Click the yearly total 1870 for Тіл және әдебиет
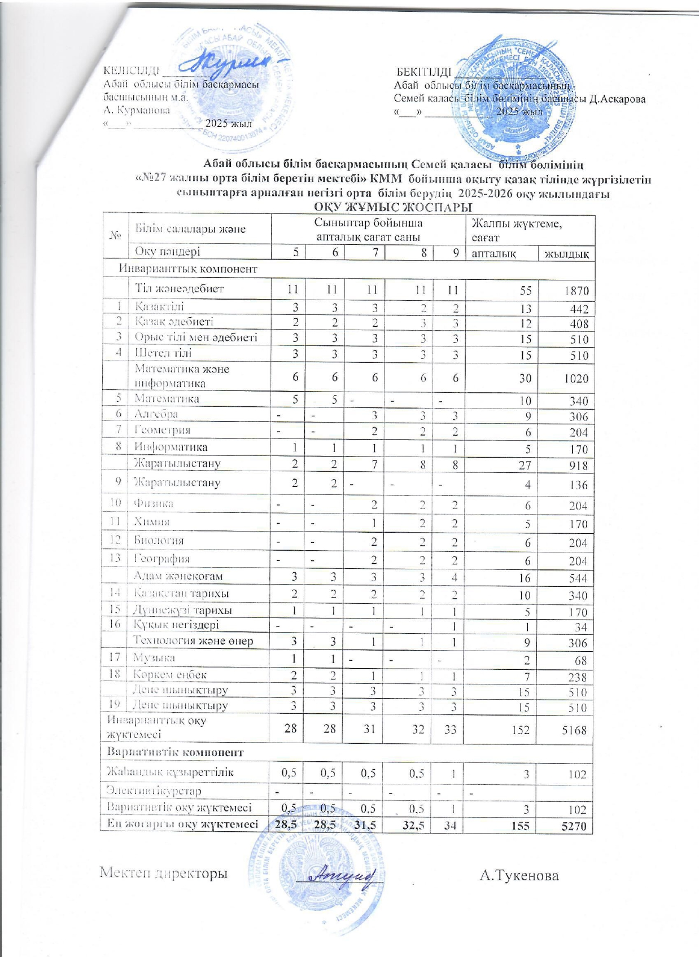[x=575, y=291]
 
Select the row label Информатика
[x=171, y=447]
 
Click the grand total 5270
[x=574, y=827]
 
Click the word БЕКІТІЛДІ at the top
[x=423, y=72]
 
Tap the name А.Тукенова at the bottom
[x=519, y=875]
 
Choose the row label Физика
[x=153, y=503]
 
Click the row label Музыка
[x=154, y=657]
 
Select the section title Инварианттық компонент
[x=188, y=269]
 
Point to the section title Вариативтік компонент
[x=176, y=752]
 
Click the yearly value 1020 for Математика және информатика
[x=575, y=379]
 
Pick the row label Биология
[x=159, y=540]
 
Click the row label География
[x=161, y=559]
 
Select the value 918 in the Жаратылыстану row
[x=578, y=466]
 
